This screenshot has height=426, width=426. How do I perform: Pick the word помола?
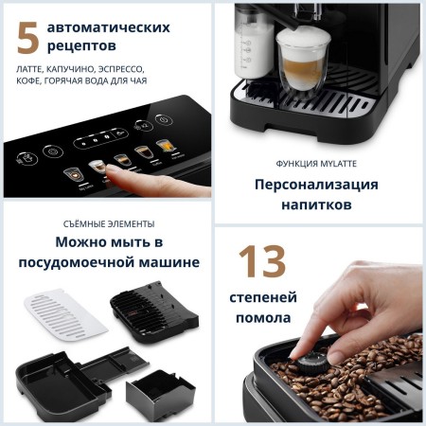click(259, 318)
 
